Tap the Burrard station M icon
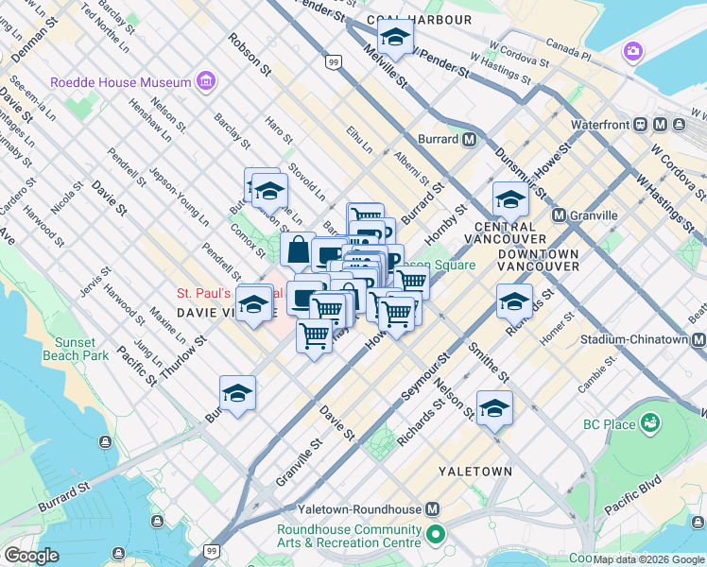(x=469, y=140)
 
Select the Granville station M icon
(x=559, y=215)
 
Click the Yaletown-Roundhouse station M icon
(x=433, y=508)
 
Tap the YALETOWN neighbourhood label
(x=475, y=471)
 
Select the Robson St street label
(x=250, y=56)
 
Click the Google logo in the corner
(x=31, y=556)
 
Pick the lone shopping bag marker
(x=297, y=250)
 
